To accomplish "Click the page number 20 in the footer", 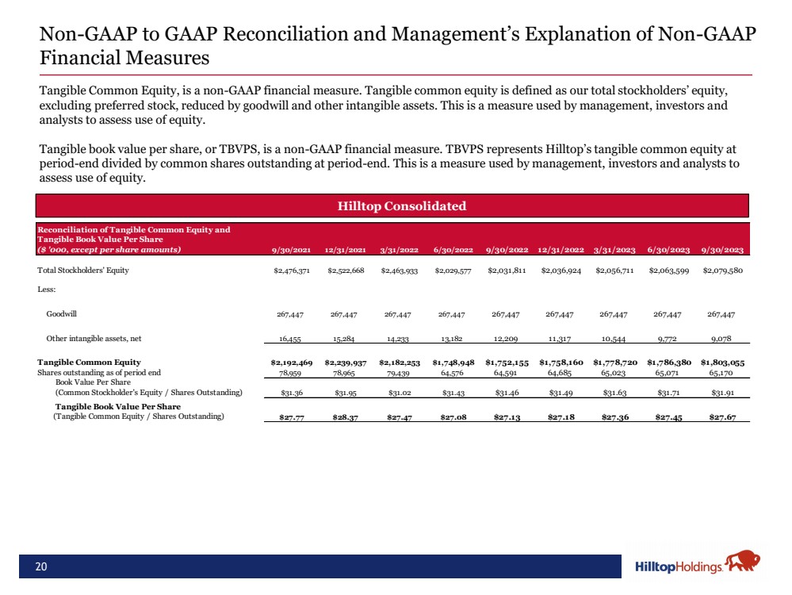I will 40,566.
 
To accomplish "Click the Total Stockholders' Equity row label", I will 83,271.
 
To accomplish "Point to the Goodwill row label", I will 61,313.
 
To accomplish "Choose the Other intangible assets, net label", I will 94,339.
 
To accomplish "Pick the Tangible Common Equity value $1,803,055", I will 721,363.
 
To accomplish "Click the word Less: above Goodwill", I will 48,290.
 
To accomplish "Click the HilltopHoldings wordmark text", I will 679,566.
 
